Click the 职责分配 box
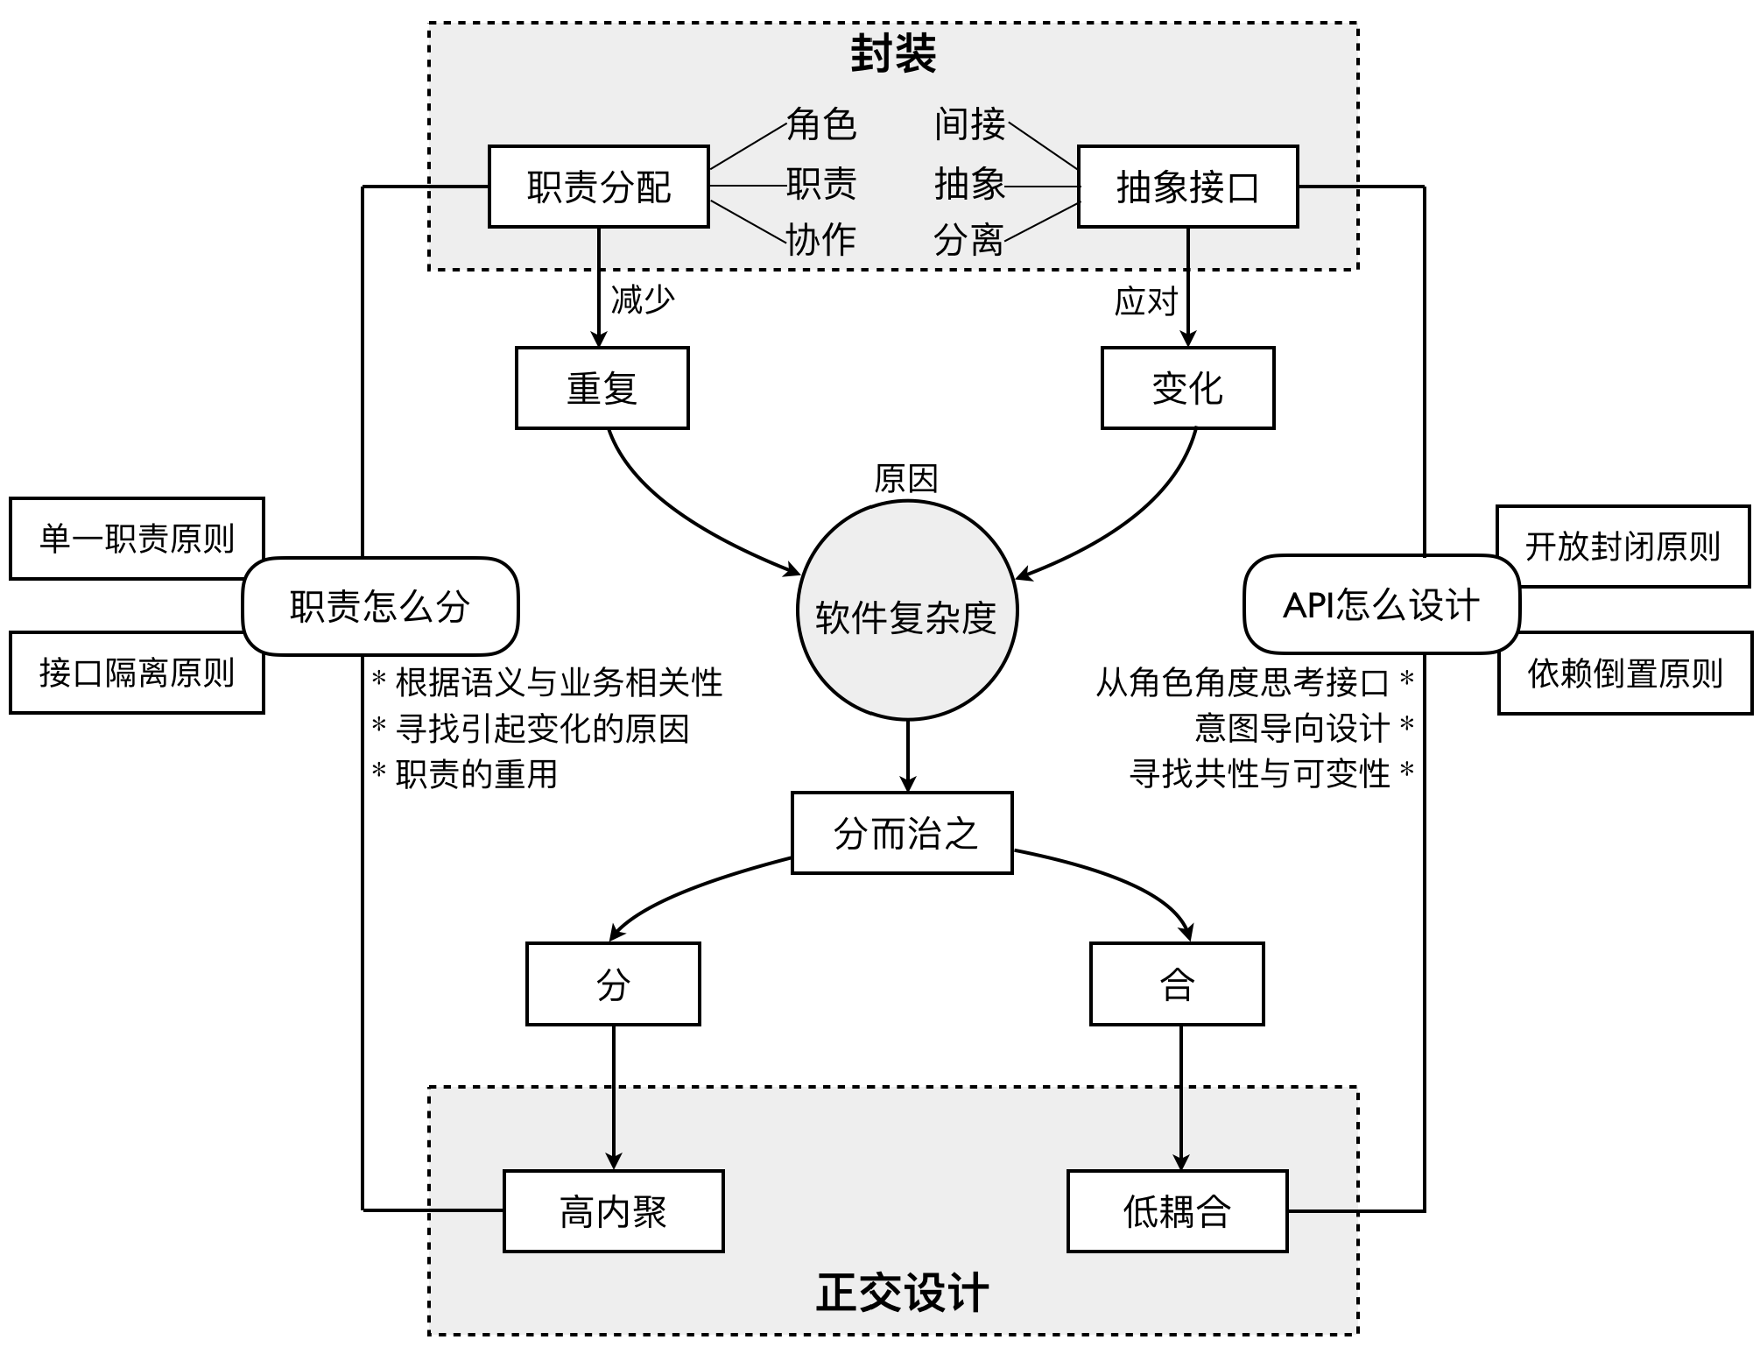click(598, 187)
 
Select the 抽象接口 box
click(1187, 187)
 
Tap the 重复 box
click(602, 388)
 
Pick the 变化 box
click(1187, 388)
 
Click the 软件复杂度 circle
click(907, 612)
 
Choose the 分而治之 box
click(902, 833)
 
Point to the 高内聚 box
click(613, 1211)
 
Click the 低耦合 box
click(1177, 1211)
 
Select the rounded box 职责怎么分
click(380, 606)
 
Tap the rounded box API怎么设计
click(1381, 604)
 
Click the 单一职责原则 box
click(137, 539)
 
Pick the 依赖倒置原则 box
click(1625, 673)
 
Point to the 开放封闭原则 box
click(1623, 546)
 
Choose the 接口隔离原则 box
click(137, 673)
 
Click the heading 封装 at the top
click(893, 54)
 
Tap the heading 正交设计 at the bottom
click(902, 1293)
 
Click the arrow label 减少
click(643, 300)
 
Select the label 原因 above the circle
click(906, 478)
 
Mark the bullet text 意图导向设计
click(1292, 728)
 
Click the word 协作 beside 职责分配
click(820, 239)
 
